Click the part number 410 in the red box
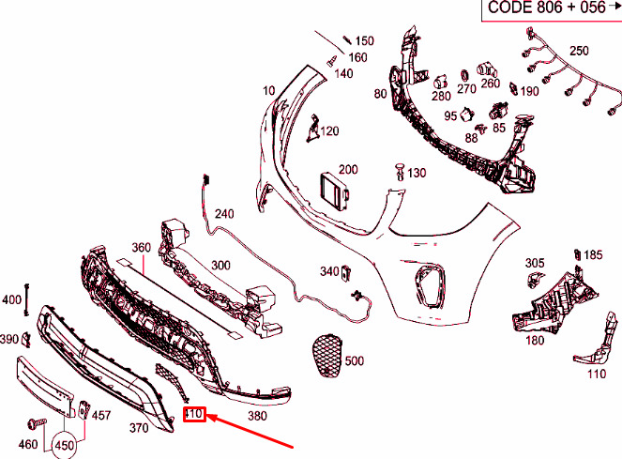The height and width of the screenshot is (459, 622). click(193, 415)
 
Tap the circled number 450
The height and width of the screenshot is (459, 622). click(64, 446)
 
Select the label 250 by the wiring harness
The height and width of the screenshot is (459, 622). click(579, 51)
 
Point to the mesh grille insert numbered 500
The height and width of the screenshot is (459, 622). click(327, 356)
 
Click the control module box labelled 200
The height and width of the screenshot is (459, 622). click(334, 191)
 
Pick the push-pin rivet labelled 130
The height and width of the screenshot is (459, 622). click(400, 172)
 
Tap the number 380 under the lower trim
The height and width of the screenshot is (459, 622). click(257, 416)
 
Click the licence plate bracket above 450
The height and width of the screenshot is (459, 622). click(45, 386)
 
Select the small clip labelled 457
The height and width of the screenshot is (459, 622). click(83, 409)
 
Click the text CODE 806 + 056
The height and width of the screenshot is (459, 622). click(547, 8)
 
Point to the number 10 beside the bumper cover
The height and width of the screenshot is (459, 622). click(269, 91)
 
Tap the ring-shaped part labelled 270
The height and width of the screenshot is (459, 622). click(464, 75)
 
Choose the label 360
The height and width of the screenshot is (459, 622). click(142, 248)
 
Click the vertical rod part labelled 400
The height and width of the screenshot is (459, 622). click(27, 299)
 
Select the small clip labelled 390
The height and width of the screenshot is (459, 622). click(26, 339)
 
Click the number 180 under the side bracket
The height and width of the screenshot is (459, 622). click(535, 341)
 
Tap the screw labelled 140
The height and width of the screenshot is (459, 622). click(331, 61)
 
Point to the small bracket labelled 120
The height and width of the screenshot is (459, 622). click(312, 128)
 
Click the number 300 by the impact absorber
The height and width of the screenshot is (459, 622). click(220, 265)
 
